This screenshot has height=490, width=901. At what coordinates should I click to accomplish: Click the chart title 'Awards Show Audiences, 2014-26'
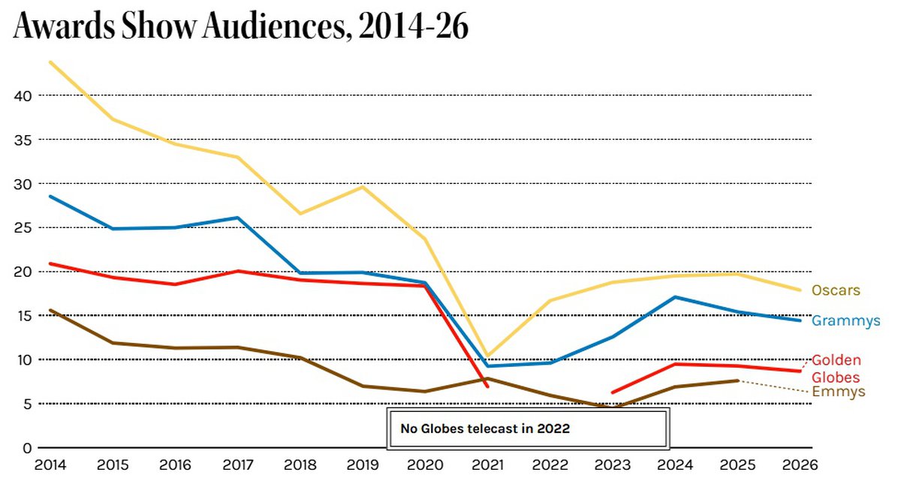click(240, 28)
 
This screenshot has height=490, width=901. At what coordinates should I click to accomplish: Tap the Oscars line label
click(836, 290)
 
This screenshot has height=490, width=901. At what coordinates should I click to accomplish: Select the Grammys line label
click(845, 321)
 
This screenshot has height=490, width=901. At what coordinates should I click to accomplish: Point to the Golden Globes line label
click(836, 368)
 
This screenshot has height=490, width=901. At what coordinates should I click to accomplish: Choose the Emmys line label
click(839, 392)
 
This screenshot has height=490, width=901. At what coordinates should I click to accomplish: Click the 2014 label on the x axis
click(50, 465)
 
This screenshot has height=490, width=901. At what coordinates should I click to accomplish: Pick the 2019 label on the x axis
click(363, 465)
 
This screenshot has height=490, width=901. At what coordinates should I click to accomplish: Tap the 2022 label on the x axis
click(550, 465)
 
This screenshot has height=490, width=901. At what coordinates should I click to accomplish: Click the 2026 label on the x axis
click(800, 465)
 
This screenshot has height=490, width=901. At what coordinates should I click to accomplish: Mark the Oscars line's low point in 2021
click(488, 356)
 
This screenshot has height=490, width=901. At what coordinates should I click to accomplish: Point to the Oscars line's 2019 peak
click(363, 186)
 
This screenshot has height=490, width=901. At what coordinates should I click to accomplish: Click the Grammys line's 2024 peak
click(676, 297)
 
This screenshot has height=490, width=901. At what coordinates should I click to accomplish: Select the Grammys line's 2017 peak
click(238, 218)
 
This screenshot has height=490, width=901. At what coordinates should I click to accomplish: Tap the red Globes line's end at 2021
click(488, 386)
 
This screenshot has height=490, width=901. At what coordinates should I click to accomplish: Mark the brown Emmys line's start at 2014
click(50, 310)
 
